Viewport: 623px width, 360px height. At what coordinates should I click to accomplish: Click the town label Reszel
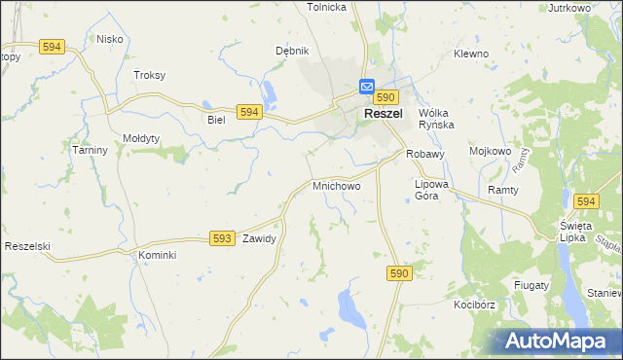click(x=385, y=114)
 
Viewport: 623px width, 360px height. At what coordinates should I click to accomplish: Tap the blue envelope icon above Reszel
click(x=368, y=86)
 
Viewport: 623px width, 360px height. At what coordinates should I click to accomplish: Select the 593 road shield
click(x=222, y=237)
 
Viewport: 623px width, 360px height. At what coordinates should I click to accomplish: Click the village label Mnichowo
click(x=337, y=185)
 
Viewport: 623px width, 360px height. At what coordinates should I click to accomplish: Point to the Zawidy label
click(x=260, y=238)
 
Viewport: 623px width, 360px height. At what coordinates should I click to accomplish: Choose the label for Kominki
click(x=156, y=255)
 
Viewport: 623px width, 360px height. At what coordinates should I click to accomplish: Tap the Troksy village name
click(x=150, y=75)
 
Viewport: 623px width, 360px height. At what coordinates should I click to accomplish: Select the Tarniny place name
click(x=90, y=151)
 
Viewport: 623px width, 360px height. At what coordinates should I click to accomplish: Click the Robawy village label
click(x=425, y=154)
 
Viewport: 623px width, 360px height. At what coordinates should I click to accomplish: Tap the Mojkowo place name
click(x=491, y=152)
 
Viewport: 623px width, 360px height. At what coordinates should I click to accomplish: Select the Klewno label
click(x=471, y=54)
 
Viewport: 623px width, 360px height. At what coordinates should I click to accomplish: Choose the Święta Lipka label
click(x=570, y=233)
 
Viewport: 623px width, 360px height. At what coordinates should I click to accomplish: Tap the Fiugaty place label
click(x=531, y=285)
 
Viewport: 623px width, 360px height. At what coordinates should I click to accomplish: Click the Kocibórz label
click(x=474, y=305)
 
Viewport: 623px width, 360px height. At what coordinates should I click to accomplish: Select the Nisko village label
click(x=109, y=40)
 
